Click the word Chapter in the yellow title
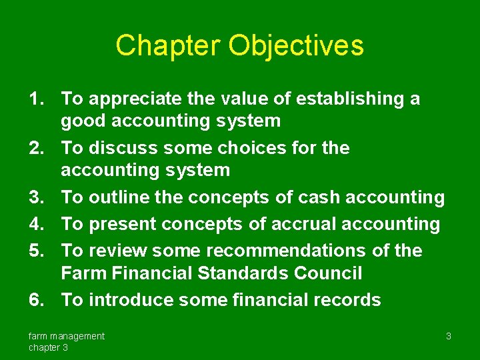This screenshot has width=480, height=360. (167, 45)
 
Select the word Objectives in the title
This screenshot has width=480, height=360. (296, 45)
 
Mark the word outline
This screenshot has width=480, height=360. (119, 197)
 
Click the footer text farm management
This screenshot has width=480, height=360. (66, 336)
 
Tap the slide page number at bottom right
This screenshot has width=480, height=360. (449, 336)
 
